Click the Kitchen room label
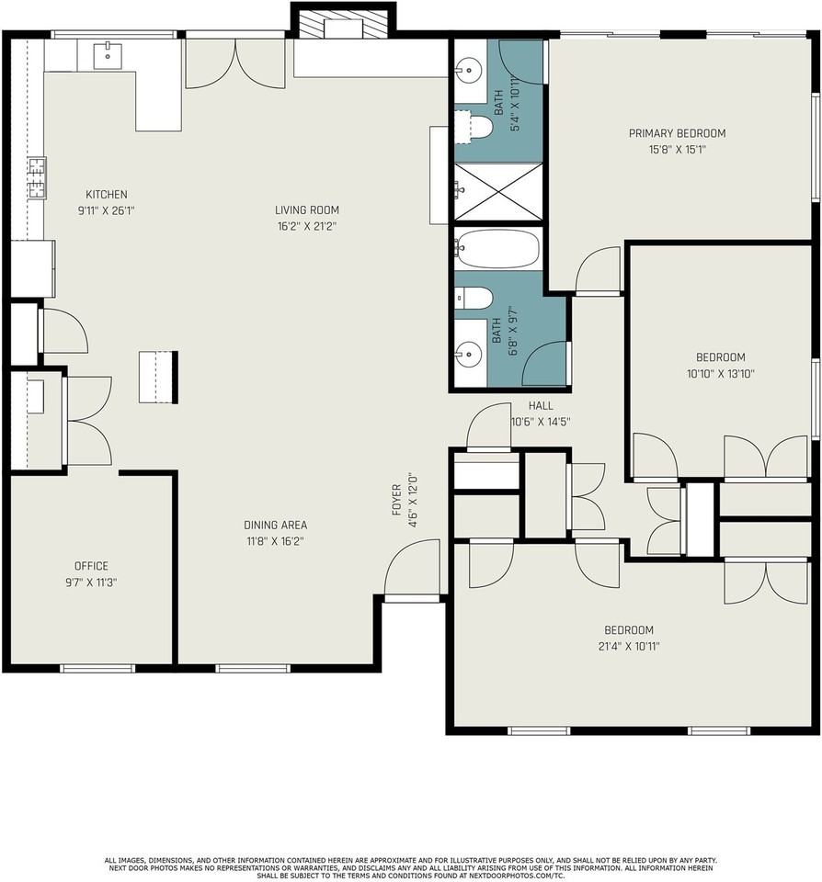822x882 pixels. coord(107,195)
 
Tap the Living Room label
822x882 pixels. coord(307,210)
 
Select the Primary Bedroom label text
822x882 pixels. coord(677,133)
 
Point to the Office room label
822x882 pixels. coord(91,566)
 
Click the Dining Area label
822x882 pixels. coord(275,525)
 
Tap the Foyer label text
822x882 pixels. coord(396,500)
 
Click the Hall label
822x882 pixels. coord(541,405)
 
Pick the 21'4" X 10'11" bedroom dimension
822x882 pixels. coord(629,646)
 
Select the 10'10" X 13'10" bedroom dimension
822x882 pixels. coord(721,374)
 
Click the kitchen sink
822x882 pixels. coord(107,55)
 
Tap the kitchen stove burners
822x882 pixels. coord(37,178)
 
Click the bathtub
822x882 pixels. coord(497,248)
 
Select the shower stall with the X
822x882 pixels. coord(498,191)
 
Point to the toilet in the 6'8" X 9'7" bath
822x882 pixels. coord(474,298)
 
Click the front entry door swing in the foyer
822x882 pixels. coord(412,567)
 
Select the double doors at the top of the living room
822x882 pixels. coord(235,62)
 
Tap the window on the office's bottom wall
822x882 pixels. coord(97,668)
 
